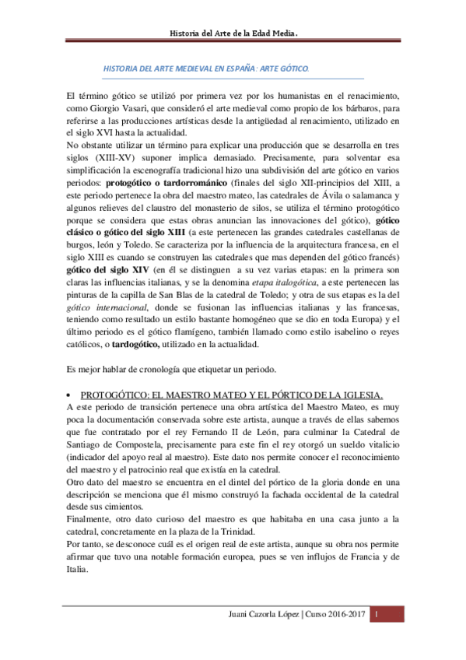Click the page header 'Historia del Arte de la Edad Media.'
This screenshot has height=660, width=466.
234,33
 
